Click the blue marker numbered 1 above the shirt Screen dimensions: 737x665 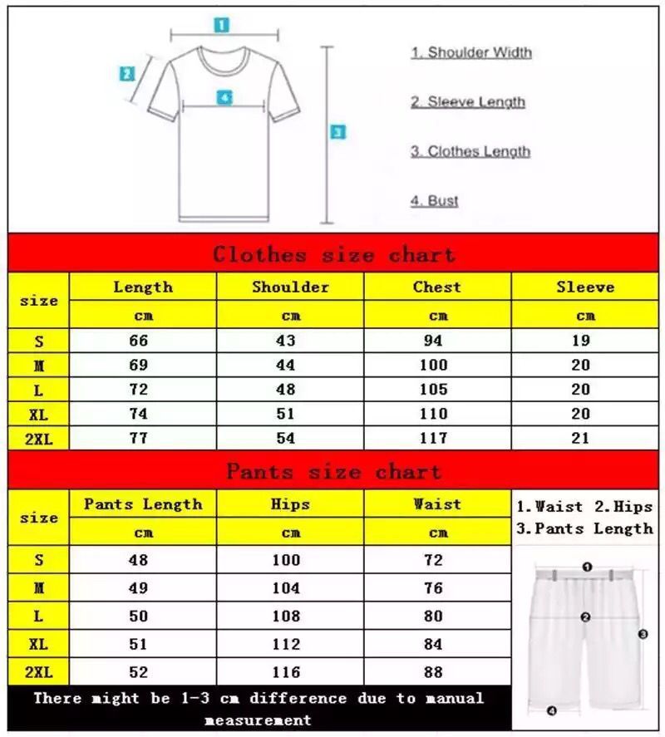click(221, 25)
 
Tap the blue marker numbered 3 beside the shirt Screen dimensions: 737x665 click(337, 131)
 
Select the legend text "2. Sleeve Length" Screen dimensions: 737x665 click(468, 102)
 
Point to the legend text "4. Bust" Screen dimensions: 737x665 click(435, 201)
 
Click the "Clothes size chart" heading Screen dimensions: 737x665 click(333, 254)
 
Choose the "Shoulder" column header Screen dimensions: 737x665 click(290, 287)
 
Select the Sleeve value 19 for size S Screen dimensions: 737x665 click(581, 341)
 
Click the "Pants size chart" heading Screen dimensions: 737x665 click(333, 472)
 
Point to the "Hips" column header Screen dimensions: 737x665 click(290, 504)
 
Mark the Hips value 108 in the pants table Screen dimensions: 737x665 click(286, 617)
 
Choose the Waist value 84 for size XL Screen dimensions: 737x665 click(433, 645)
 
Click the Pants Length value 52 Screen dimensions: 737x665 click(138, 672)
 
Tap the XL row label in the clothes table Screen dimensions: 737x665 click(38, 414)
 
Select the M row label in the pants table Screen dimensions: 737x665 click(38, 588)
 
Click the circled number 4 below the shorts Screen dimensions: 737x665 click(551, 710)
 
